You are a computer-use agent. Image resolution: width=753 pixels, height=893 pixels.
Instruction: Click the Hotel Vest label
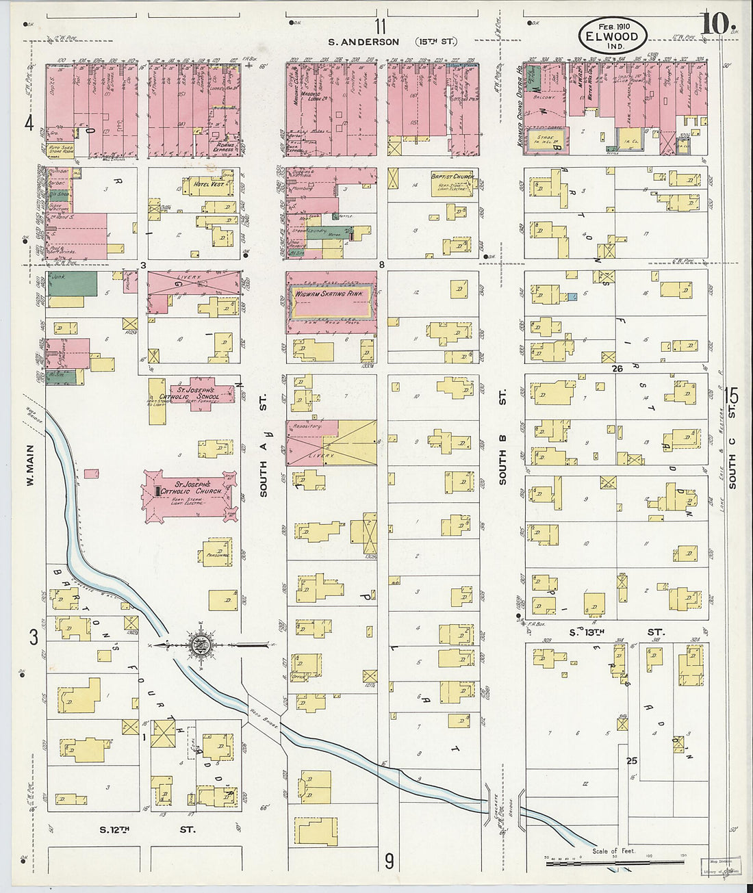pos(208,184)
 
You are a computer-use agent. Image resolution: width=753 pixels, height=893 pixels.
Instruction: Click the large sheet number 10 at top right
pos(713,24)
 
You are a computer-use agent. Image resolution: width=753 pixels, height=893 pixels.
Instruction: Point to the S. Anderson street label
pos(363,42)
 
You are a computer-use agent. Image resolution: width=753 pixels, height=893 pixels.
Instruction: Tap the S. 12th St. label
pos(147,829)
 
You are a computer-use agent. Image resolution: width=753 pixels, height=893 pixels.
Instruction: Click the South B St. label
pos(502,438)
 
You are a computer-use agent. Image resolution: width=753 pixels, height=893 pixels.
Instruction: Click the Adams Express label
pos(224,146)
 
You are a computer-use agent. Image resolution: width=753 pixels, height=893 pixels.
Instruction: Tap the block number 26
pos(617,368)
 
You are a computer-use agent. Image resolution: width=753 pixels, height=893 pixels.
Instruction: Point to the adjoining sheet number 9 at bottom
pos(388,861)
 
